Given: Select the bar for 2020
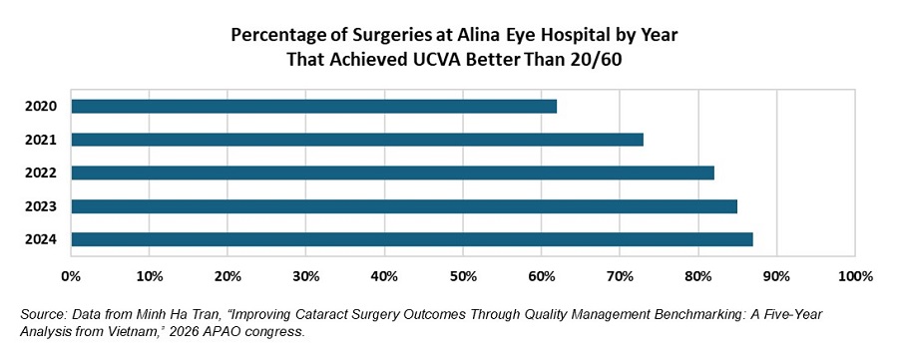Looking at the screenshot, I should point(314,106).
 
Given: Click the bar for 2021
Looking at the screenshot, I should point(357,140).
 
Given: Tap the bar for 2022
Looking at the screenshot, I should point(393,173).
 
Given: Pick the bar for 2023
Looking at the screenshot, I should point(404,206).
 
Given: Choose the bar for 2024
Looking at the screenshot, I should point(412,239).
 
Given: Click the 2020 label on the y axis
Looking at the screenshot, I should point(43,107).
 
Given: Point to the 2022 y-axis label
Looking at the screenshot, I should point(43,174).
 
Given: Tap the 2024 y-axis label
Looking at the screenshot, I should point(43,240).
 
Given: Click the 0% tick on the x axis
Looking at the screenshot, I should point(71,273).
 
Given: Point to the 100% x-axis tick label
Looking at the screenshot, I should point(854,273).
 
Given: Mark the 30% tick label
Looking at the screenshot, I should point(306,273).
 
